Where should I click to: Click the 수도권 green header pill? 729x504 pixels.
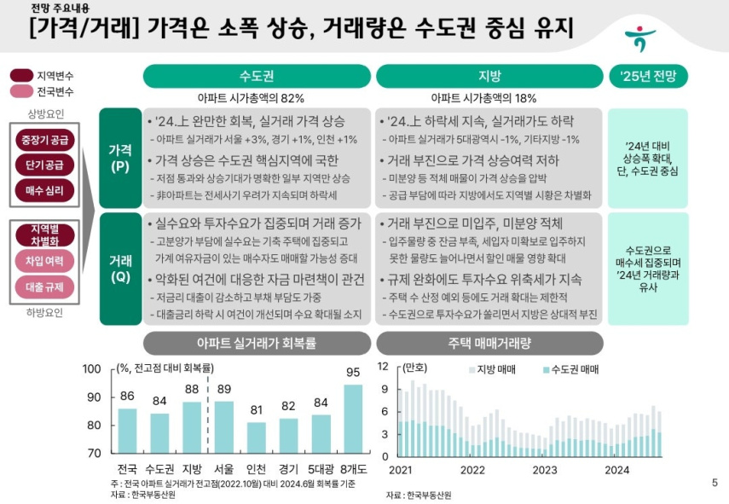pos(257,76)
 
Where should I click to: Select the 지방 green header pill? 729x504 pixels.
pos(489,76)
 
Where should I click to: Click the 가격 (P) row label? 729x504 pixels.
pos(120,158)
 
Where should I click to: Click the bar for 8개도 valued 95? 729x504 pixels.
pos(353,419)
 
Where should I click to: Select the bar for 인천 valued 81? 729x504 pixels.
pos(256,437)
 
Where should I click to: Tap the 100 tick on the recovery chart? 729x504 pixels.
pos(91,369)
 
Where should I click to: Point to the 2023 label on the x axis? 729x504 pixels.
pos(545,470)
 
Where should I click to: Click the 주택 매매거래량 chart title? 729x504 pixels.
pos(489,344)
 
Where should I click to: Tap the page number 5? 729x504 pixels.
pos(715,483)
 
